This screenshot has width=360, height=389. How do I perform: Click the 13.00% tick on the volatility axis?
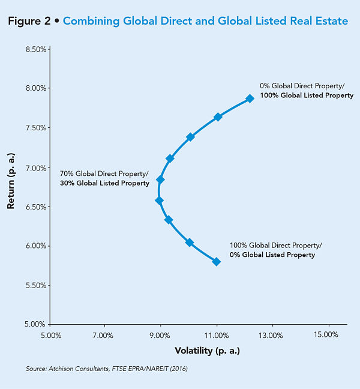pyautogui.click(x=271, y=334)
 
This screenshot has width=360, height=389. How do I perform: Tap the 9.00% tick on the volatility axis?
pyautogui.click(x=161, y=334)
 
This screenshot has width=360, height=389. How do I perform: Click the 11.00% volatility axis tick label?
pyautogui.click(x=216, y=334)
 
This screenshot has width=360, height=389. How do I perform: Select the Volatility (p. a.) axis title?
pyautogui.click(x=207, y=351)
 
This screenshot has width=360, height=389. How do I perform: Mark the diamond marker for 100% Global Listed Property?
pyautogui.click(x=250, y=98)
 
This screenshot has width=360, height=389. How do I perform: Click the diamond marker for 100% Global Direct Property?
pyautogui.click(x=217, y=261)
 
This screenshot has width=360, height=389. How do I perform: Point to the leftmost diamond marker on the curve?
pyautogui.click(x=159, y=201)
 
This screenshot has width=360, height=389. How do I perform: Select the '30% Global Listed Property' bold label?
pyautogui.click(x=104, y=183)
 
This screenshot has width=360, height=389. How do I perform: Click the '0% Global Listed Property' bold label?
pyautogui.click(x=272, y=255)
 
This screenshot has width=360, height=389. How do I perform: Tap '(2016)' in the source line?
pyautogui.click(x=178, y=368)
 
